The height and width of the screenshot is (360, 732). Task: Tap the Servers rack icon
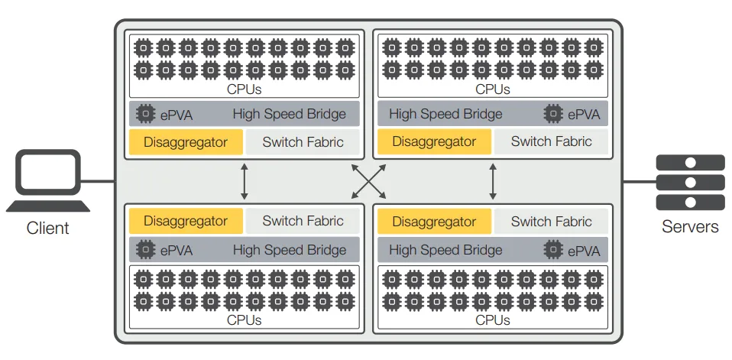[x=690, y=182]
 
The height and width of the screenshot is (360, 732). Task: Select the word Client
[x=47, y=228]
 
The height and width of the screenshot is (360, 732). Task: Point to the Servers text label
[x=690, y=227]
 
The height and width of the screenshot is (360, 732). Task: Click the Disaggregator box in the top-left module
[x=186, y=142]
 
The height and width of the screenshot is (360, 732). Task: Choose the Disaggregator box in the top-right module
[x=434, y=141]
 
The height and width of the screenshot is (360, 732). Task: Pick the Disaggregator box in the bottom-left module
[x=186, y=221]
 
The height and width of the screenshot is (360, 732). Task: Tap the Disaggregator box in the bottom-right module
[x=434, y=222]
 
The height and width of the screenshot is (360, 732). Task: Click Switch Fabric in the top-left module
[x=303, y=142]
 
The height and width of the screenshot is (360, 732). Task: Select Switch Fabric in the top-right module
[x=551, y=141]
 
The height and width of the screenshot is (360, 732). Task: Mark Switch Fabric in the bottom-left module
[x=303, y=221]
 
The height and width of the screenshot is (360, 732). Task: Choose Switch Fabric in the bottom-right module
[x=551, y=222]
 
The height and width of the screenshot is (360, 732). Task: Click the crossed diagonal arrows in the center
[x=369, y=182]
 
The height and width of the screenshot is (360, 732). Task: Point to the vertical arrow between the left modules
[x=245, y=182]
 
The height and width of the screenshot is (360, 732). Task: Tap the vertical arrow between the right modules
[x=493, y=182]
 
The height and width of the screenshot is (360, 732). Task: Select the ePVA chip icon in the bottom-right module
[x=553, y=250]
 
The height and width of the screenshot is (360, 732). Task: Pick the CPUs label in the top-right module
[x=492, y=89]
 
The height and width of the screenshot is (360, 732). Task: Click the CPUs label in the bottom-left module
[x=244, y=319]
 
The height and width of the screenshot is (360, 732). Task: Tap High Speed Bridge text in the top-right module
[x=445, y=115]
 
